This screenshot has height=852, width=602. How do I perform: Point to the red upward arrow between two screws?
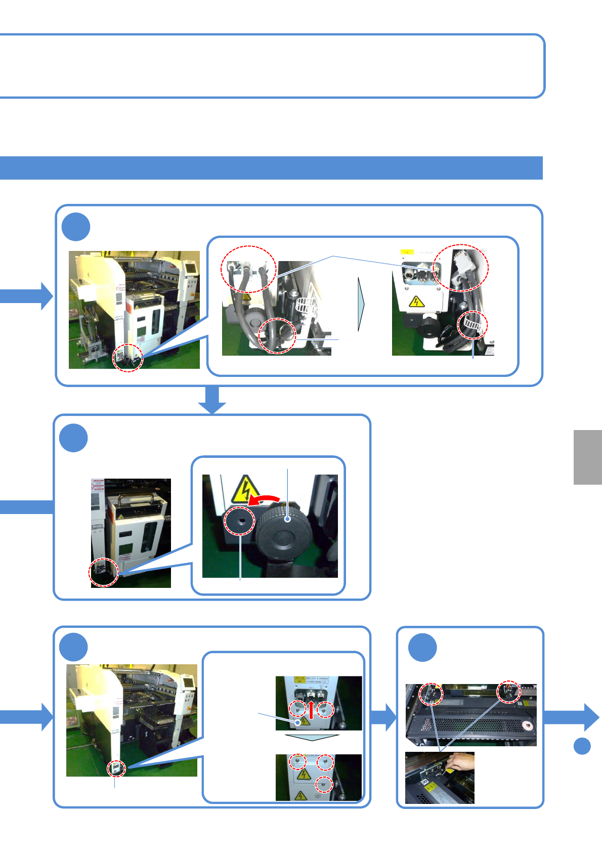[312, 709]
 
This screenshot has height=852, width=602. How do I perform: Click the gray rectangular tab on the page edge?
[587, 457]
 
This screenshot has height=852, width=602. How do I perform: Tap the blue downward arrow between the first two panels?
[212, 400]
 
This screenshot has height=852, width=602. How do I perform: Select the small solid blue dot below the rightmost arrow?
[582, 746]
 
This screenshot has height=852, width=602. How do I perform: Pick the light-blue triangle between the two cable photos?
[361, 304]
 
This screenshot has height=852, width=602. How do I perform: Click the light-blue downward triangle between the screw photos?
[312, 737]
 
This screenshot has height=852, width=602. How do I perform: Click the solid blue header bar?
[271, 168]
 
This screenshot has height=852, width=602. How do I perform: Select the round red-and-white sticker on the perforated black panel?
[529, 727]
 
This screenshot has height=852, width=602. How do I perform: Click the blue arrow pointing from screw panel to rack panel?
[384, 717]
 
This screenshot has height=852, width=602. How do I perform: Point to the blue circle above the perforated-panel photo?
[422, 647]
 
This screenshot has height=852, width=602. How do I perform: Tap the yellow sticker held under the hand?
[449, 771]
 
